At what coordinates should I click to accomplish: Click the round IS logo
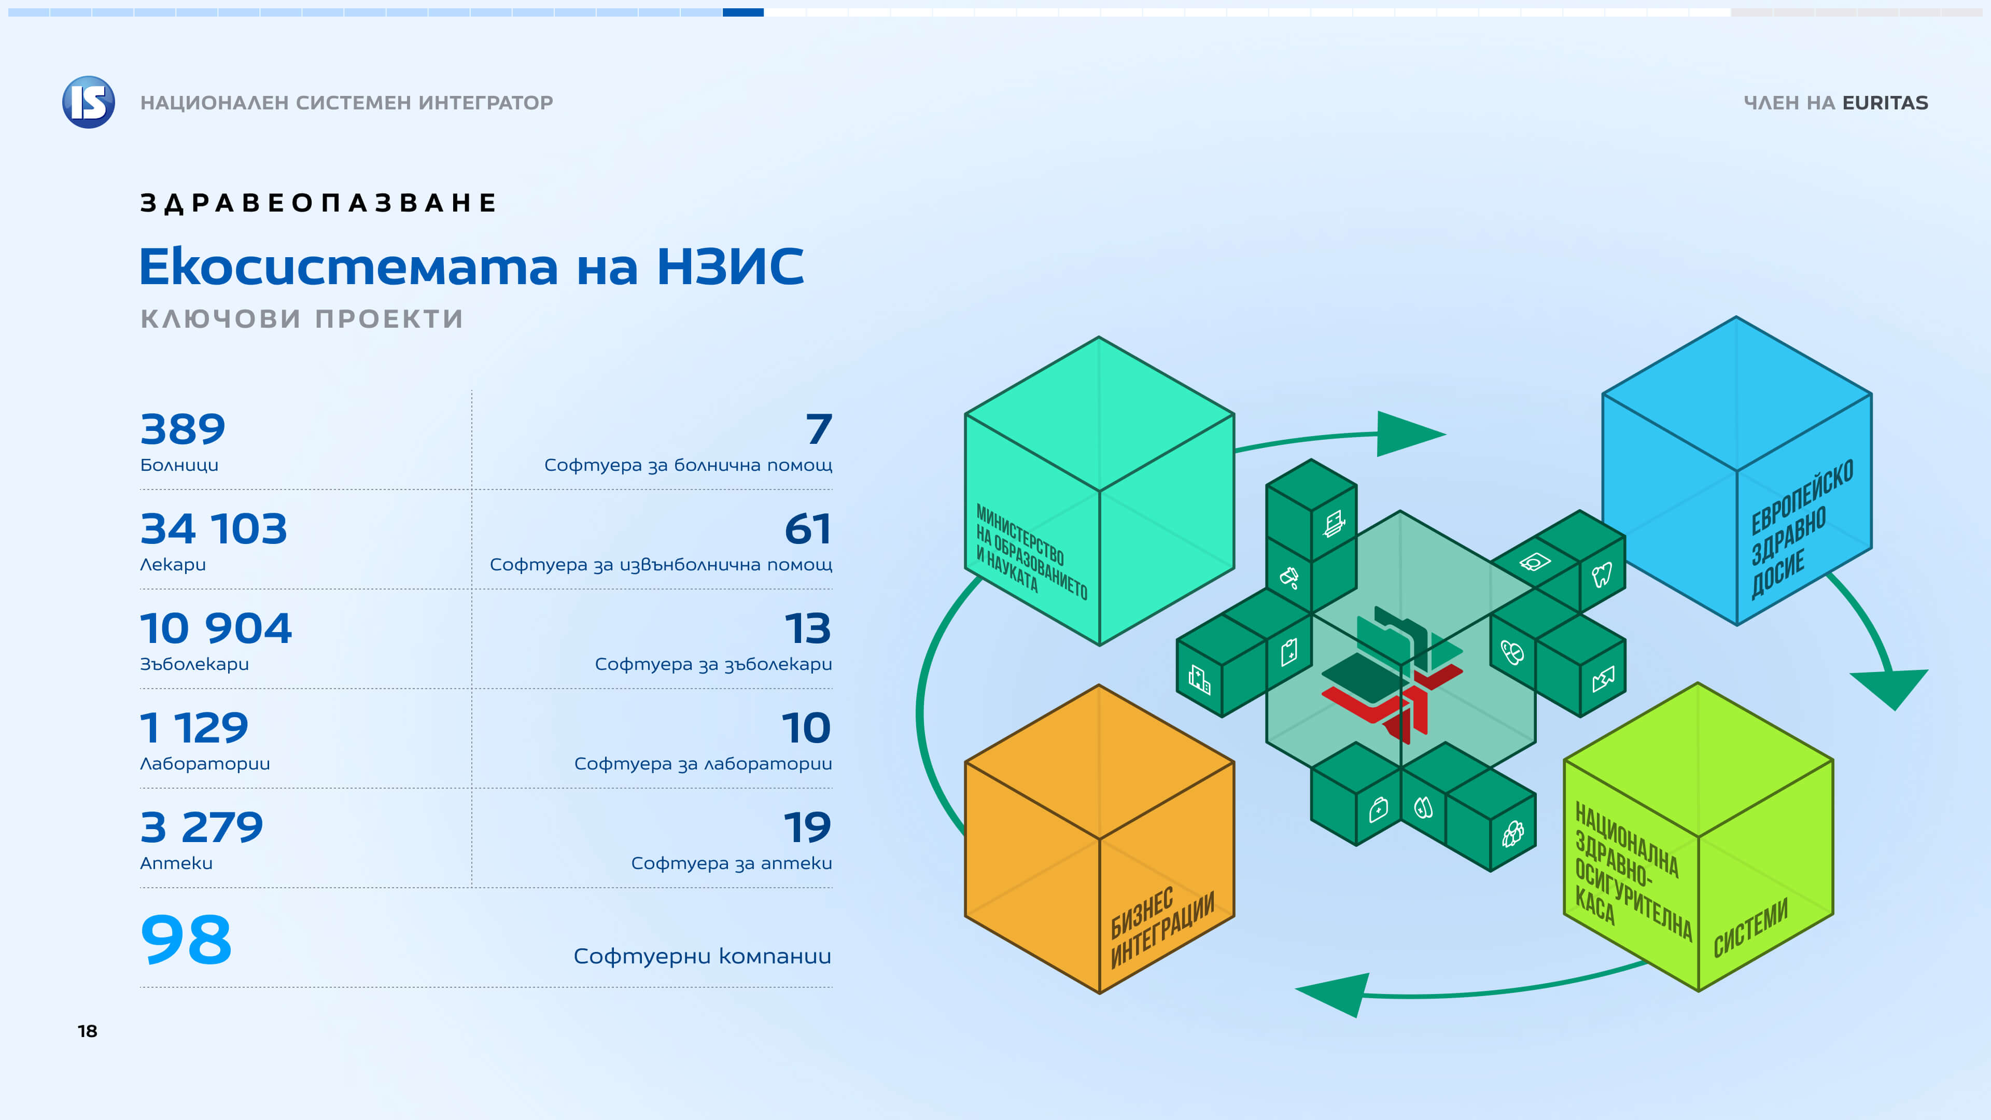89,102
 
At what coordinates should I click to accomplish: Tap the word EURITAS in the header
1885,103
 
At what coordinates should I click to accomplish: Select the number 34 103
213,529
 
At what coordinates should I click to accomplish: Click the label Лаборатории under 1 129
205,764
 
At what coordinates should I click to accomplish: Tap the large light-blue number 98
186,940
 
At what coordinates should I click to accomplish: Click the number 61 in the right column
808,529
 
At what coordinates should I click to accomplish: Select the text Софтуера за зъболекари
712,664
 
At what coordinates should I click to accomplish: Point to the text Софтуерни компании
702,956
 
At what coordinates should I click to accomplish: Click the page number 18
87,1031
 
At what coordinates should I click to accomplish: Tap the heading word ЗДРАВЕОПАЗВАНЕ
318,203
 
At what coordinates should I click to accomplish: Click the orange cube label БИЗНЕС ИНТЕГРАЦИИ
1161,928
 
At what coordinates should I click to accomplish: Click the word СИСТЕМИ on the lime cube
1750,928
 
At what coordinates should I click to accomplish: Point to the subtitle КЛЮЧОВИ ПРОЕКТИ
301,318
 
